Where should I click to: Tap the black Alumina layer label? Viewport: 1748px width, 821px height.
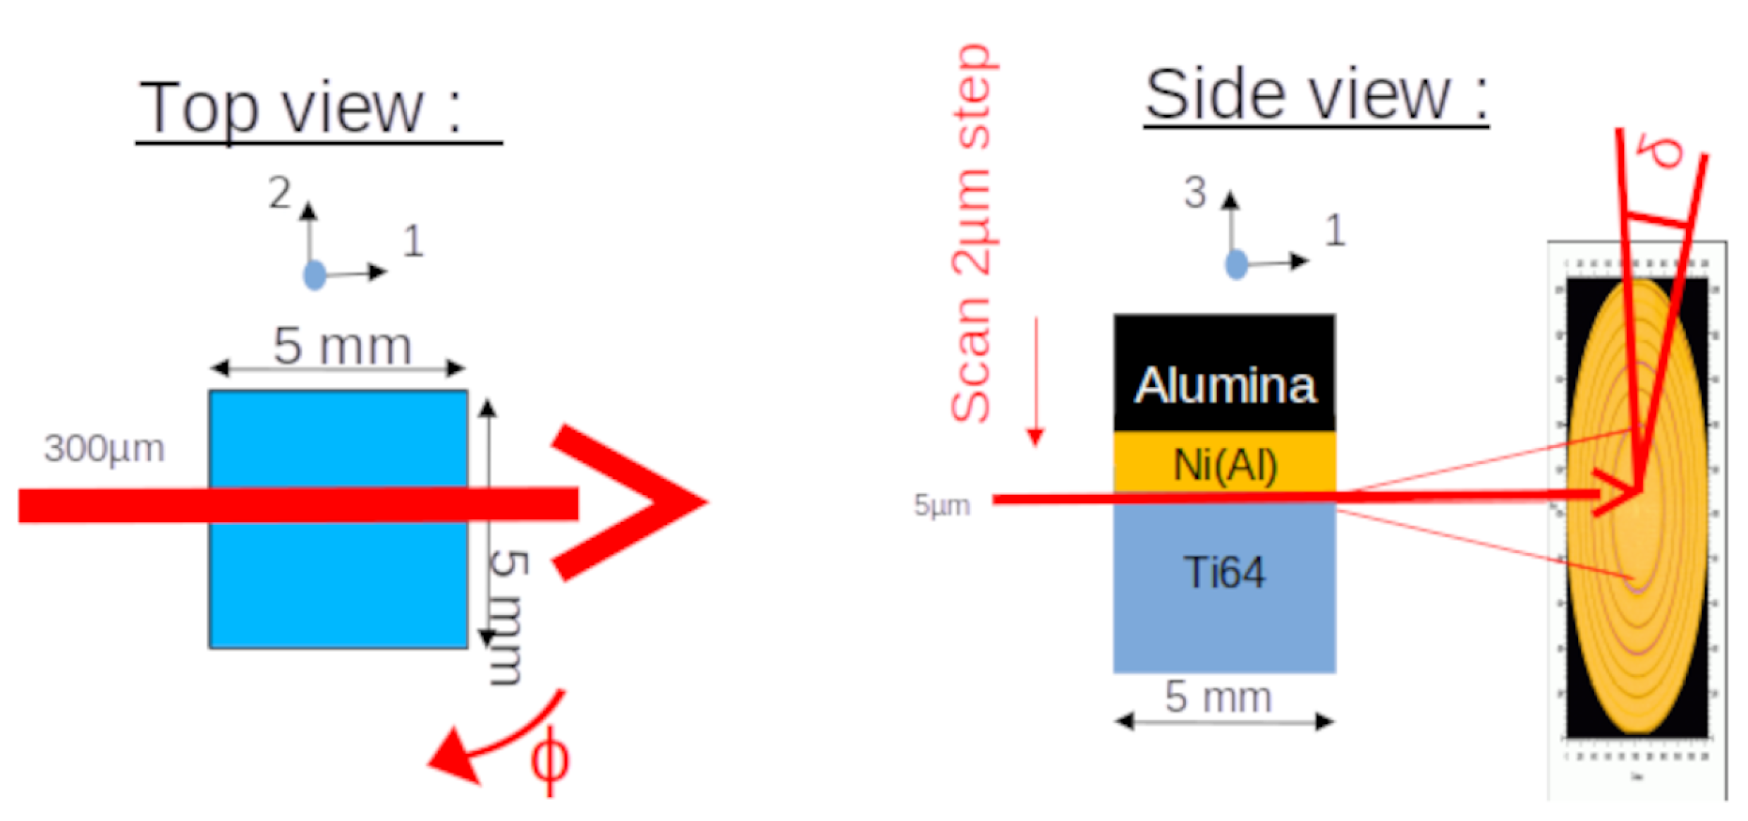pos(1225,385)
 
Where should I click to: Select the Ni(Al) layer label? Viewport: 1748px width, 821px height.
pos(1225,466)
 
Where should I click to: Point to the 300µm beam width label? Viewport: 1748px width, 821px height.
pos(104,449)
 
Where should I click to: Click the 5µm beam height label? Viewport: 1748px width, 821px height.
pos(942,505)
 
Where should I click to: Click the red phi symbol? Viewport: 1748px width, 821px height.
pos(549,760)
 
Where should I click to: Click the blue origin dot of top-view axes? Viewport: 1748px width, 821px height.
pos(314,275)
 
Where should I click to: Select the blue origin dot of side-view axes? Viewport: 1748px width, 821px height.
pos(1237,264)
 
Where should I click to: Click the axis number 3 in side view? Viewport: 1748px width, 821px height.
pos(1195,193)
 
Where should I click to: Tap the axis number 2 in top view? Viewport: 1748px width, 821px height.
pos(280,193)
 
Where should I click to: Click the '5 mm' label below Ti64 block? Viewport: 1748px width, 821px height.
pos(1218,697)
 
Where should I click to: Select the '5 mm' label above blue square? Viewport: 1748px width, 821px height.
pos(342,346)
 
